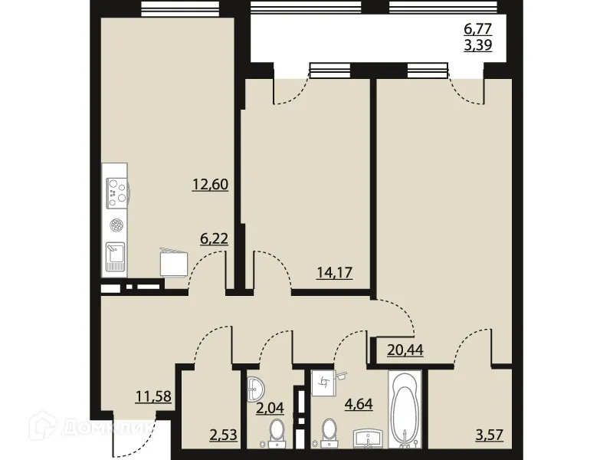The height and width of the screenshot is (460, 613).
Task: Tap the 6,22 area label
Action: [x=214, y=238]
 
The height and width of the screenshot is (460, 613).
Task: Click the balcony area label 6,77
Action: [x=477, y=29]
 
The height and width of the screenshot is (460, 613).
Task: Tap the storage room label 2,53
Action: [x=224, y=437]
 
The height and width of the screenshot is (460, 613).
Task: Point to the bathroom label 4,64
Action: [x=357, y=402]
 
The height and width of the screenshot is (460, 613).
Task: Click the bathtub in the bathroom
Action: [x=403, y=409]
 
